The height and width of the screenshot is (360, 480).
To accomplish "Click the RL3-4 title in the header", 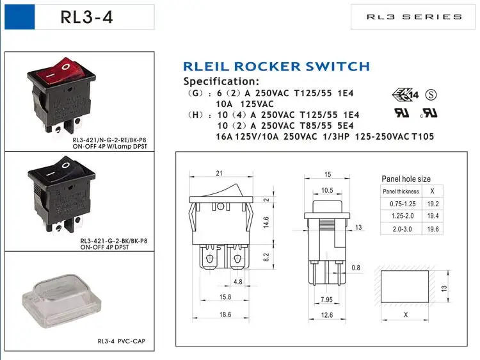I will pyautogui.click(x=86, y=17).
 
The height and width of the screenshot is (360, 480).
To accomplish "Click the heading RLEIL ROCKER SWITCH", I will pyautogui.click(x=276, y=67).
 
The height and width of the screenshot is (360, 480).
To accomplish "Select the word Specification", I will pyautogui.click(x=221, y=81).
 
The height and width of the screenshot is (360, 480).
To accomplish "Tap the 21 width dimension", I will pyautogui.click(x=219, y=173).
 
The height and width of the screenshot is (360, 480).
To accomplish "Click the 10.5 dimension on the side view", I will pyautogui.click(x=326, y=190).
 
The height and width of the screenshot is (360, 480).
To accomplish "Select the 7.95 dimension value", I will pyautogui.click(x=327, y=299).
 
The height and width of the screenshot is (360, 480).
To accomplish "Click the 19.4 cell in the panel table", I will pyautogui.click(x=433, y=217).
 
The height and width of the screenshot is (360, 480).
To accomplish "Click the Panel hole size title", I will pyautogui.click(x=406, y=179).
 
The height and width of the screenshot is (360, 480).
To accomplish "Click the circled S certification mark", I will pyautogui.click(x=431, y=95).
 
